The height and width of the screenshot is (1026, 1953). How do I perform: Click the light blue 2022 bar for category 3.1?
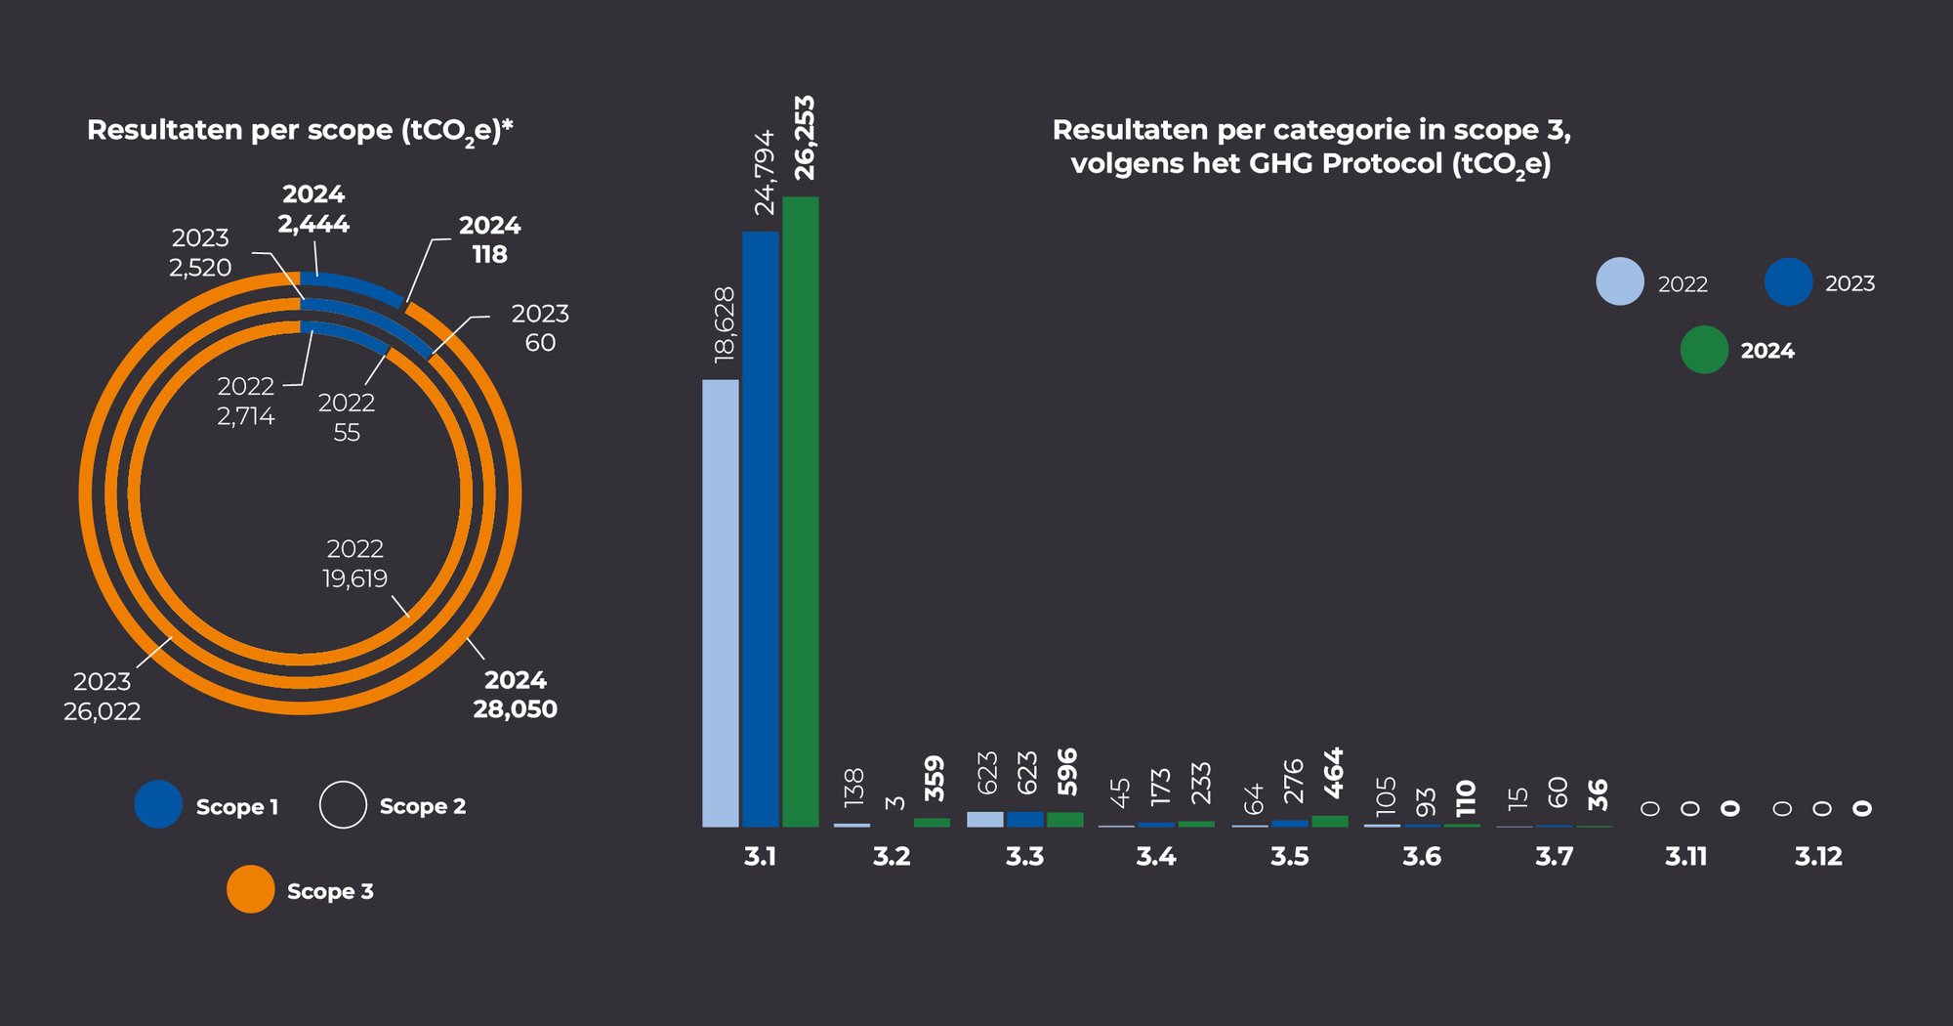[721, 603]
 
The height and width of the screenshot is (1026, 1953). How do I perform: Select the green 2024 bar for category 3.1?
[801, 511]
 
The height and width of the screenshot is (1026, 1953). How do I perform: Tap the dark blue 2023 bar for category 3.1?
[761, 529]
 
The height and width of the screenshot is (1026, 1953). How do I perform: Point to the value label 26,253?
[805, 138]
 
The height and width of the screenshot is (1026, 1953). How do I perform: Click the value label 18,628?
[725, 325]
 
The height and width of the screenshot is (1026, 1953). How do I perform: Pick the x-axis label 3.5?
[1289, 857]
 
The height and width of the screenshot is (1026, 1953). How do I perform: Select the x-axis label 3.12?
[1818, 857]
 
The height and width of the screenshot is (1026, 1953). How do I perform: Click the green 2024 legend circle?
[1704, 350]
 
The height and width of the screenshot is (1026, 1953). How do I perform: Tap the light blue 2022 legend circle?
[1620, 282]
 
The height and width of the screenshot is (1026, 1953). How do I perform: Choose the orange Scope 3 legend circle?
[251, 889]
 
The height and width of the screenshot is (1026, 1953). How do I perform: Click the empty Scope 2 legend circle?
[343, 805]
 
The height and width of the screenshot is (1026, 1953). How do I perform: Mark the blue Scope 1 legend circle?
[158, 804]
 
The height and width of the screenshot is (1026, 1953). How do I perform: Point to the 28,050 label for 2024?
[516, 708]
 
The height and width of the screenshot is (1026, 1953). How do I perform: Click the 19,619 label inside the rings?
[355, 578]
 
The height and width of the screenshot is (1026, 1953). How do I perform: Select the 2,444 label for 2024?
[313, 224]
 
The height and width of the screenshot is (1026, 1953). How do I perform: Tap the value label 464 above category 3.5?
[1334, 773]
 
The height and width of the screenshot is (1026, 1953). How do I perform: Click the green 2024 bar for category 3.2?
[932, 823]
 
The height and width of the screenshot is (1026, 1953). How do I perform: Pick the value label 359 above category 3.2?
[935, 779]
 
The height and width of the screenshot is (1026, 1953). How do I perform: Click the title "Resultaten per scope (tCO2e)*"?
[300, 131]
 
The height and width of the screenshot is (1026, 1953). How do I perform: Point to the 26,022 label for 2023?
[103, 710]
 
